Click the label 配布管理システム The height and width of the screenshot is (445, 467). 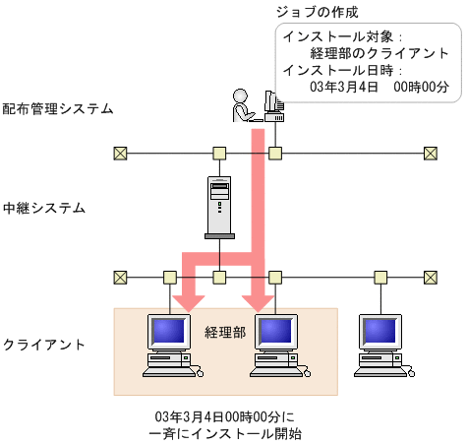point(58,108)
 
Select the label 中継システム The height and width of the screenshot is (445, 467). point(44,209)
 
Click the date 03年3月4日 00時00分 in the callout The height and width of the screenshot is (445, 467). point(379,87)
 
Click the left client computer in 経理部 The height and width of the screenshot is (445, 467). point(166,345)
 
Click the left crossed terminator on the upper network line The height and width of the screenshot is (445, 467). point(120,153)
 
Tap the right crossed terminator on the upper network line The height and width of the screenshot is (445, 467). point(430,153)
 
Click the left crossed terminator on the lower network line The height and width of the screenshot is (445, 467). point(120,277)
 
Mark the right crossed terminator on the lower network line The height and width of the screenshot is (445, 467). point(430,277)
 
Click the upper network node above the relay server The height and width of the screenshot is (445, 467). point(219,153)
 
